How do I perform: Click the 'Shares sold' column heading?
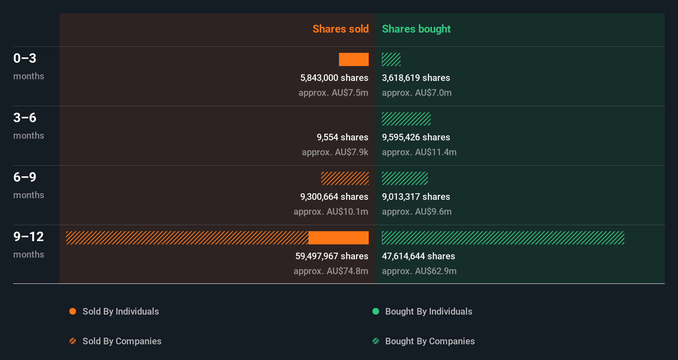tap(340, 29)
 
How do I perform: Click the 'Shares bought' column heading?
tap(416, 29)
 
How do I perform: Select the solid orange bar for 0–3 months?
tap(354, 59)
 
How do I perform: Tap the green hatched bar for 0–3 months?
tap(391, 59)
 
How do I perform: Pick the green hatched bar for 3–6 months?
tap(406, 119)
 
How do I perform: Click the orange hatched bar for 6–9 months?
tap(345, 178)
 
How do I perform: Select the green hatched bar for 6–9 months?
tap(405, 178)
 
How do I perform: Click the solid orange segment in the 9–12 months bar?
tap(339, 238)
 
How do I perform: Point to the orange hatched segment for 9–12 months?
tap(187, 238)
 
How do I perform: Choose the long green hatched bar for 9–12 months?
tap(503, 238)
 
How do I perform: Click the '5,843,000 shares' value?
tap(334, 78)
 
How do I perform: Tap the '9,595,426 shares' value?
tap(416, 137)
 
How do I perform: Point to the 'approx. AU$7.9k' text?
tap(335, 152)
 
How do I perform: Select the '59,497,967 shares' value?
tap(332, 256)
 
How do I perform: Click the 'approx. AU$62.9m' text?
tap(419, 271)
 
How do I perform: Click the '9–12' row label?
tap(28, 237)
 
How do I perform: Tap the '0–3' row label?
tap(25, 58)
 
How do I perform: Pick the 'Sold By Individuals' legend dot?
tap(73, 311)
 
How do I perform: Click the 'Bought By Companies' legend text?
tap(430, 341)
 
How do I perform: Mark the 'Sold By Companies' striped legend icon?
tap(73, 341)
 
